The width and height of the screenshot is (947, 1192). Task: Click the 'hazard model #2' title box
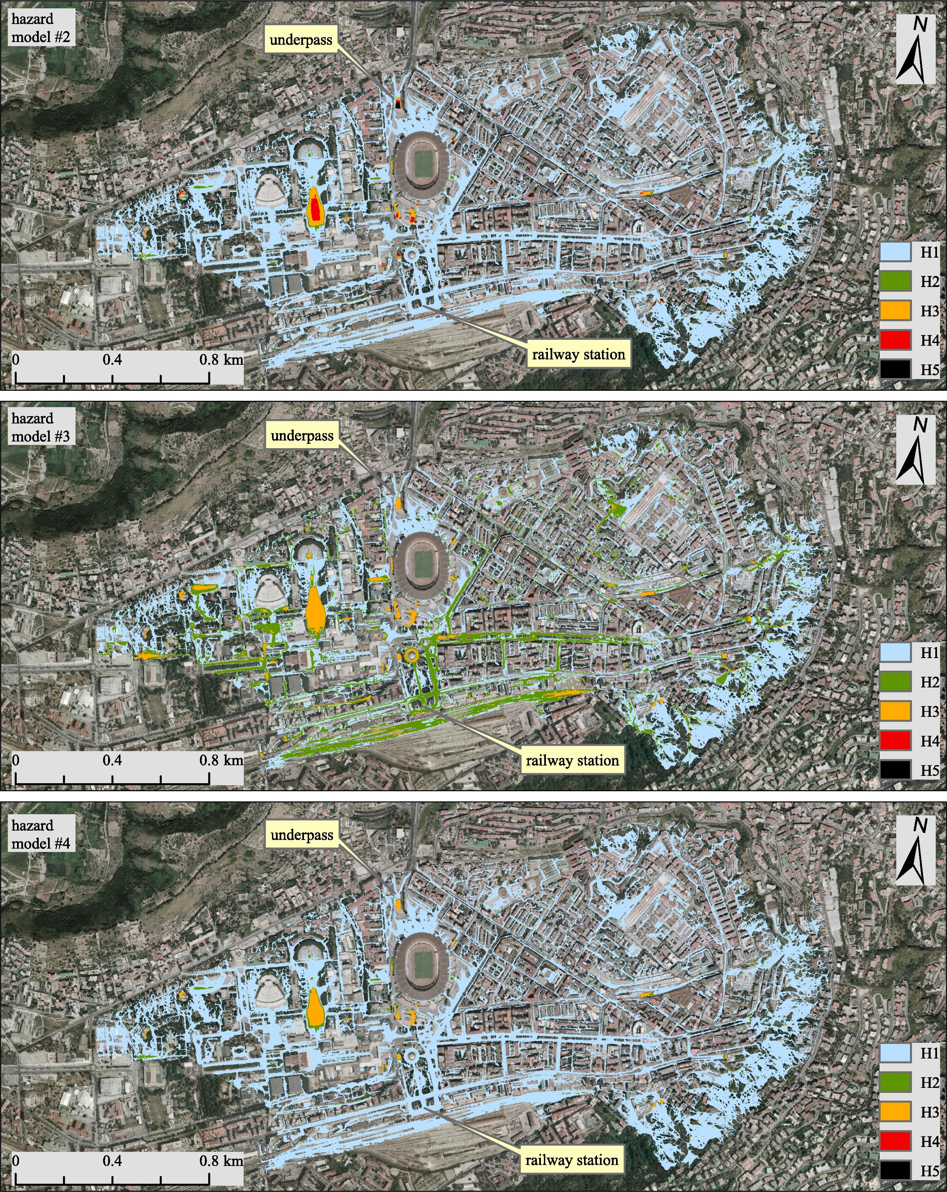40,28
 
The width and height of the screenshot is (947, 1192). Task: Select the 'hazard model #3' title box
40,427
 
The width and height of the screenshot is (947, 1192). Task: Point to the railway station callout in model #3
572,760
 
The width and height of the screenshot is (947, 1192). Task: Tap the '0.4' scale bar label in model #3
112,760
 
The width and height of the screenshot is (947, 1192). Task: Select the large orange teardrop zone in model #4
315,1007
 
